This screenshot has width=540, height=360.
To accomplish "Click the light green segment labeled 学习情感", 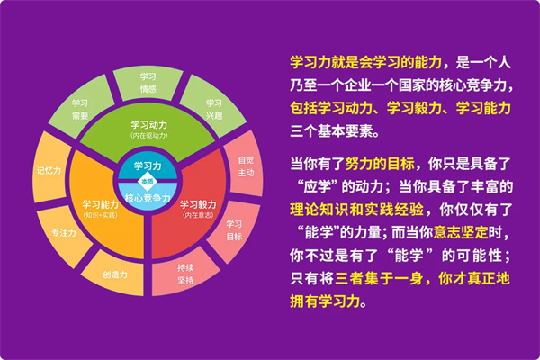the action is [148, 83].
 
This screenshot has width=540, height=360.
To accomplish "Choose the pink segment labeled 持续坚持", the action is [184, 274].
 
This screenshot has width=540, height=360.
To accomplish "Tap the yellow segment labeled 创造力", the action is [114, 274].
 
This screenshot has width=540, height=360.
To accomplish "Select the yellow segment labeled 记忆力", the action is [49, 169].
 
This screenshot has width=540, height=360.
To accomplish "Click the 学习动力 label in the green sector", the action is [148, 124].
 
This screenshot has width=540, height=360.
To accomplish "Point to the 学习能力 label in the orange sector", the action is [100, 204].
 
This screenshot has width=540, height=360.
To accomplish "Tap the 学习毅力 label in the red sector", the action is [198, 204].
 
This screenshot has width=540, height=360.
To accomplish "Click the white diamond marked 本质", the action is [148, 181].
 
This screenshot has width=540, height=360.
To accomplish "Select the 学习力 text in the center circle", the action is [148, 166].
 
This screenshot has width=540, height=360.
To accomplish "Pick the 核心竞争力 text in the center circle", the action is [148, 198].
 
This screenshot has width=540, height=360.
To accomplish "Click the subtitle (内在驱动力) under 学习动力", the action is [148, 135].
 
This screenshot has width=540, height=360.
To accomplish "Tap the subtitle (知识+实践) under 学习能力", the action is [100, 215].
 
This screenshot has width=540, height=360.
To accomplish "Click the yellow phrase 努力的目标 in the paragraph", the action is [380, 164].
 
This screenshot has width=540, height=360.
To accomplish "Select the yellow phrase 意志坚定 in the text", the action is [461, 232].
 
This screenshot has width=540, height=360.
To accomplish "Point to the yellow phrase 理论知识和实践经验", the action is [356, 210].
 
